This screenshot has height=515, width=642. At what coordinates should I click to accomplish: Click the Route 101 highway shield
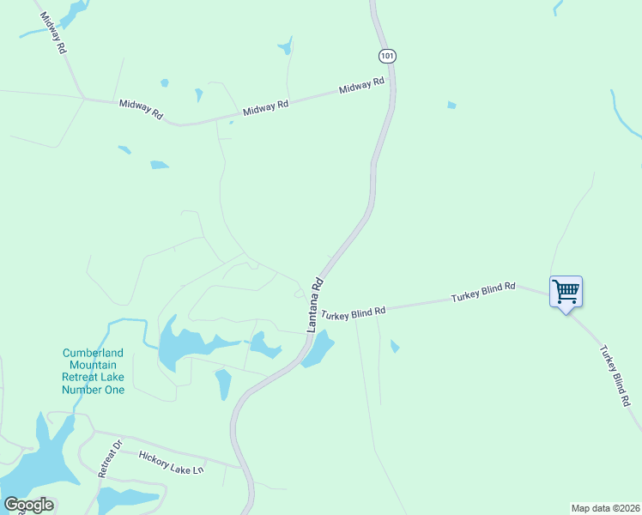(x=386, y=55)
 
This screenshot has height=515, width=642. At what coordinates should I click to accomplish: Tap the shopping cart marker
(x=566, y=292)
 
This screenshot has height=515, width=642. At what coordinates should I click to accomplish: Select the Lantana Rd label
(x=315, y=304)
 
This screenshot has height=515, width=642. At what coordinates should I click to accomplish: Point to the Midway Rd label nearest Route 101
(x=361, y=87)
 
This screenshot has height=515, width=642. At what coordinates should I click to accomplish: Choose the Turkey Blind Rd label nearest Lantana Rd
(x=354, y=314)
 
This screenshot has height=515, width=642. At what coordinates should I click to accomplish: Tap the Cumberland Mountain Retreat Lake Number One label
(x=93, y=371)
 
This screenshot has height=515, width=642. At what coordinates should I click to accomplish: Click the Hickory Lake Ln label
(x=172, y=461)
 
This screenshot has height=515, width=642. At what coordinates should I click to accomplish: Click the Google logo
(x=28, y=505)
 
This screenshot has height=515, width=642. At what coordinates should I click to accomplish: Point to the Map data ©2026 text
(x=605, y=507)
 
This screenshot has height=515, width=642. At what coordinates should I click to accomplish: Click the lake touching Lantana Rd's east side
(x=318, y=348)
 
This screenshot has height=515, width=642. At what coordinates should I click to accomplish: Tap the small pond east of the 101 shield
(x=451, y=106)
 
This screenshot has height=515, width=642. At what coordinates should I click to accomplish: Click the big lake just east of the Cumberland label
(x=185, y=343)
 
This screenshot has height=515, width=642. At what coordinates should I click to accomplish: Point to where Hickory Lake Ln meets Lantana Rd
(x=241, y=468)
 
